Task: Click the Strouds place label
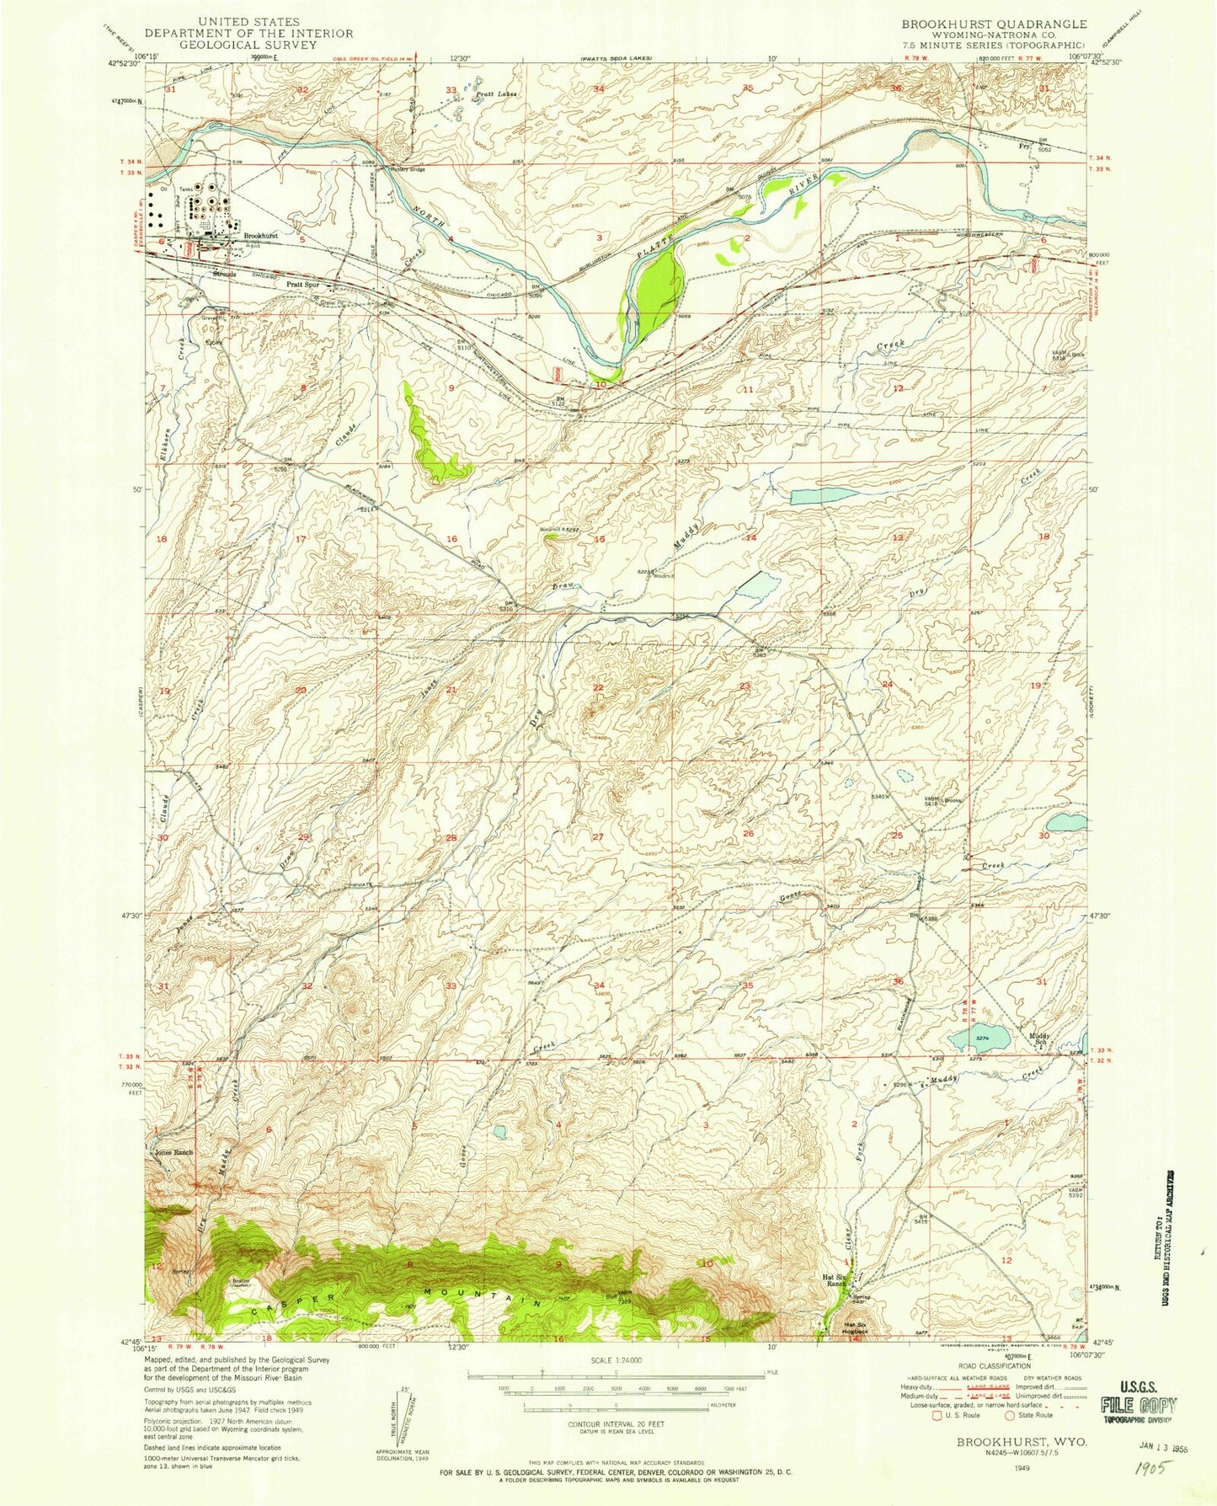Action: pyautogui.click(x=225, y=275)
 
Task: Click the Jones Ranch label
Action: pyautogui.click(x=176, y=1152)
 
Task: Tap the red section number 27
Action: pyautogui.click(x=599, y=836)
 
